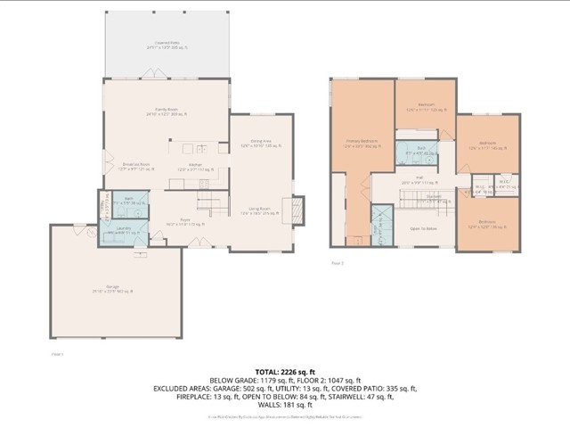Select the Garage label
coord(113,288)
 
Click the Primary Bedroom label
coord(362,144)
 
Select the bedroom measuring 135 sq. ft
coord(486,144)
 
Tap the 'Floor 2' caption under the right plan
coord(338,264)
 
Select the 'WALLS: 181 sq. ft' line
coord(285,404)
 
